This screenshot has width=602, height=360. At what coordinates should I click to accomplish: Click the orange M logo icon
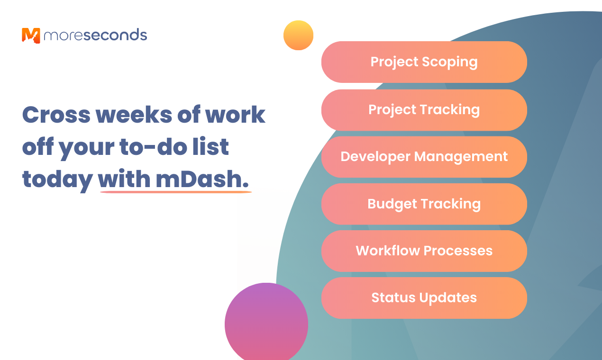click(x=31, y=36)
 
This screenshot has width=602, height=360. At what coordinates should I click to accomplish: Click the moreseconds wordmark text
click(x=95, y=35)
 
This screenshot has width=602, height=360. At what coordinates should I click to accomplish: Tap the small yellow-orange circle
click(x=298, y=35)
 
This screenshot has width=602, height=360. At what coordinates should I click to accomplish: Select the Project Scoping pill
click(x=424, y=62)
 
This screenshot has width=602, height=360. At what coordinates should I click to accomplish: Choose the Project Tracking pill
click(x=424, y=110)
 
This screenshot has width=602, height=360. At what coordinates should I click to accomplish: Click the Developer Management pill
click(x=424, y=157)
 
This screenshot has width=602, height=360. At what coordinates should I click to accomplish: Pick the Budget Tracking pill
click(x=424, y=204)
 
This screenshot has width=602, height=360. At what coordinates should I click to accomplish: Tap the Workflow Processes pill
click(x=424, y=251)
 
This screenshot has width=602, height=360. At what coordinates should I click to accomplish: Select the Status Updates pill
click(x=424, y=298)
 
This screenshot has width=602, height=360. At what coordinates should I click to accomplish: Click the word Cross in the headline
click(x=56, y=115)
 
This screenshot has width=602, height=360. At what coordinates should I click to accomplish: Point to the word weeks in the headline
click(x=134, y=114)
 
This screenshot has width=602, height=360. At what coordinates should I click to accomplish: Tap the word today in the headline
click(x=57, y=180)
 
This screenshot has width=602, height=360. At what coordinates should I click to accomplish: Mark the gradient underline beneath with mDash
click(x=176, y=192)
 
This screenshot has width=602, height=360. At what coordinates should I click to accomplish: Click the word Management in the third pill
click(x=461, y=157)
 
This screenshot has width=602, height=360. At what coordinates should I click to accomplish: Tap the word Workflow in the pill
click(x=388, y=251)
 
